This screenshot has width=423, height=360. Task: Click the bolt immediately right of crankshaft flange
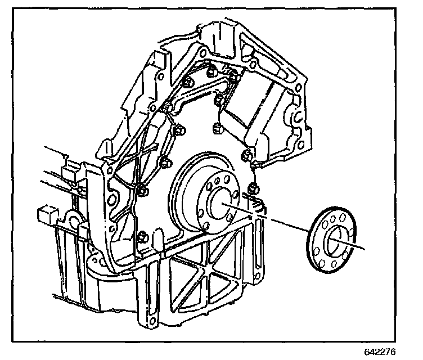click(253, 187)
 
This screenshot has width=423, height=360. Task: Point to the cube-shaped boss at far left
click(46, 214)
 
